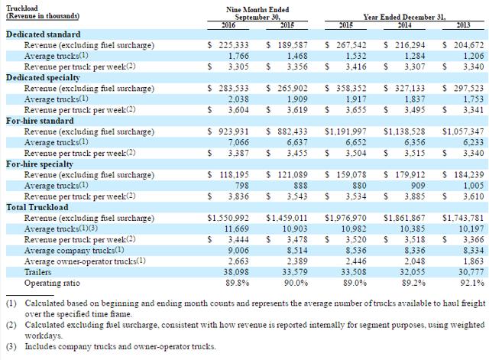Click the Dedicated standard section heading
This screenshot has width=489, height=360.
point(44,34)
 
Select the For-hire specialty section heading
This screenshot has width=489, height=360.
point(40,164)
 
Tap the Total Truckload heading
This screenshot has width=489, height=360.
point(37,207)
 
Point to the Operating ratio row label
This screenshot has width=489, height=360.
point(52,283)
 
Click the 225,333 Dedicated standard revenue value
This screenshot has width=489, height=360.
point(234,45)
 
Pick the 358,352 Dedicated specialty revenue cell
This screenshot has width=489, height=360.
point(351,89)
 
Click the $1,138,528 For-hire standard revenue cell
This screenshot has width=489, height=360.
point(404,131)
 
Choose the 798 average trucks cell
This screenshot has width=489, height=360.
point(242,186)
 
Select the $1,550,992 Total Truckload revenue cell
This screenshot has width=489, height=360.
point(228,218)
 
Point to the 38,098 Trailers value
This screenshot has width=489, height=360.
point(236,272)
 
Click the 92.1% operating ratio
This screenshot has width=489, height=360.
point(472,283)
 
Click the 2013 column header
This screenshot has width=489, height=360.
point(463,25)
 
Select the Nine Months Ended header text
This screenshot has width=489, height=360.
point(257,10)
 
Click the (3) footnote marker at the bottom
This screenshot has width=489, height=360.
point(11,346)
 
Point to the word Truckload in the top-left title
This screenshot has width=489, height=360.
point(22,8)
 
